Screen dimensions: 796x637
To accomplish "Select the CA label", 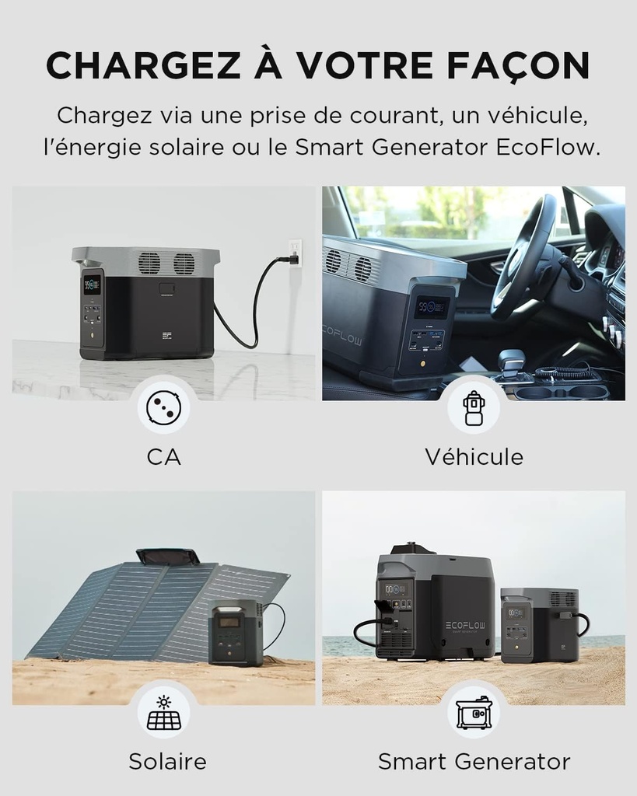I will tap(163, 456).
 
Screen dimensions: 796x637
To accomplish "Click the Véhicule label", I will tap(474, 456).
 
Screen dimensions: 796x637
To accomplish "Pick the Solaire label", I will tap(167, 761).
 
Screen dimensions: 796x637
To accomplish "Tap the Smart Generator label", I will tap(474, 761).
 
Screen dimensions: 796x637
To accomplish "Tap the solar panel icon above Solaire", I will tap(163, 713).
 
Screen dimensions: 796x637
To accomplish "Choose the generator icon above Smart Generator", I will tap(473, 713).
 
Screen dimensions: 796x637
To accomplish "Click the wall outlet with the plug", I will tap(295, 253).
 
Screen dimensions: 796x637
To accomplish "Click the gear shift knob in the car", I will tap(510, 361).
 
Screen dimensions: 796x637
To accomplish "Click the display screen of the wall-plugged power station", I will tap(92, 284).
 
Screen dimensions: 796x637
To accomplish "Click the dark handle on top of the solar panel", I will tap(167, 557).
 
